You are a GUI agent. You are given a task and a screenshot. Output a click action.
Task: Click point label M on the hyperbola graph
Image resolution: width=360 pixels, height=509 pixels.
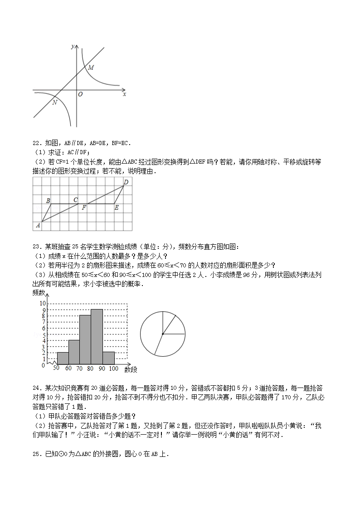coord(91,68)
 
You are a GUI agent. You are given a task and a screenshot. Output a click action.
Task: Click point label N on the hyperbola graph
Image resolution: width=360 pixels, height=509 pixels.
coord(54,102)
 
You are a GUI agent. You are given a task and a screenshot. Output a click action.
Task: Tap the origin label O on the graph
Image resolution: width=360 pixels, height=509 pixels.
coord(80,94)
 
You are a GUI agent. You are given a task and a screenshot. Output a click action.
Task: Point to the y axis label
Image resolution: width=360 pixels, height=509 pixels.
coord(73,46)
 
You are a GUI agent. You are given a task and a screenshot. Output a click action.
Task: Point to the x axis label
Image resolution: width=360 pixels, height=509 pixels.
coord(124,94)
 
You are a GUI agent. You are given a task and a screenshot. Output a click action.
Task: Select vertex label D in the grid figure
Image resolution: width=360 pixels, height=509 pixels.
coord(126,182)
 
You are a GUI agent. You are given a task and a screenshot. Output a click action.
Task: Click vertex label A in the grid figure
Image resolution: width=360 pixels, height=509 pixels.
coord(38,225)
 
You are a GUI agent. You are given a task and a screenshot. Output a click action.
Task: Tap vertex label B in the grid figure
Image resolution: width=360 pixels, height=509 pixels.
coord(48,200)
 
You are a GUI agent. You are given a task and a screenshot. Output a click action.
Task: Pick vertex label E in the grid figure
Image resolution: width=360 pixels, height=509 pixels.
coord(117,208)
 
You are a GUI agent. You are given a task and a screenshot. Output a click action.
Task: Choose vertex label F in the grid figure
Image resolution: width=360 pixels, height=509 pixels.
coord(84,208)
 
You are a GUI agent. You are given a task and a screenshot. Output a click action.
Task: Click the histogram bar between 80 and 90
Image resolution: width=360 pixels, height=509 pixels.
coord(97,337)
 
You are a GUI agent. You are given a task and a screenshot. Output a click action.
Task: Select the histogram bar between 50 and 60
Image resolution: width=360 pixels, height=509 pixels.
coord(63,358)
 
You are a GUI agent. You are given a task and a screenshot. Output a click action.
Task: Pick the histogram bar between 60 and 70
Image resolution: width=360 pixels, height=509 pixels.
coord(74,352)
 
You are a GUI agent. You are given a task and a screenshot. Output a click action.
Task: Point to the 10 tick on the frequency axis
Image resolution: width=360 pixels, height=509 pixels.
coord(43,303)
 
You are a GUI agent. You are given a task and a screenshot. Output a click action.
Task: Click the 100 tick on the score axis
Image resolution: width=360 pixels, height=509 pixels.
coord(113,368)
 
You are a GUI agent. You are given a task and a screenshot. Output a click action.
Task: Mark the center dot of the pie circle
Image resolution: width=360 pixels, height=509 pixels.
coord(162,334)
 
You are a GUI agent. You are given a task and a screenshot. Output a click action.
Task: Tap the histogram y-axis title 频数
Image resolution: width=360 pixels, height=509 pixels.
coord(39,293)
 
